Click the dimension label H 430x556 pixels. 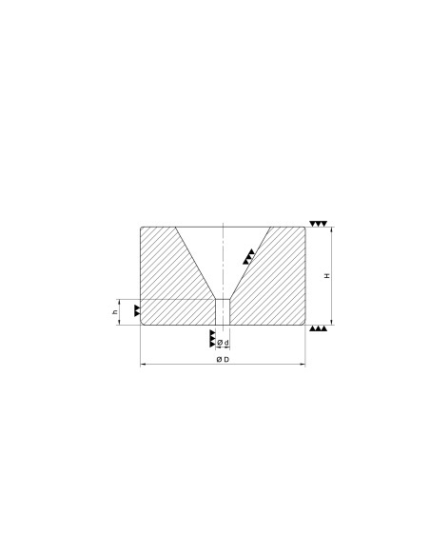(327, 275)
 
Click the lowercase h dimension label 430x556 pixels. (115, 312)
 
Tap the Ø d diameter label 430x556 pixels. (223, 343)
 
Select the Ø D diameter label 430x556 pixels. (223, 360)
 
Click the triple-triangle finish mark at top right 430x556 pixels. (318, 224)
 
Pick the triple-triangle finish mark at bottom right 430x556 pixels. (318, 328)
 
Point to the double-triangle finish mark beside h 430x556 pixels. (137, 310)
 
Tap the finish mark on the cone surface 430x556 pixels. (249, 256)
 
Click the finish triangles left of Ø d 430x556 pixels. (212, 338)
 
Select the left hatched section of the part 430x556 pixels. (170, 284)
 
